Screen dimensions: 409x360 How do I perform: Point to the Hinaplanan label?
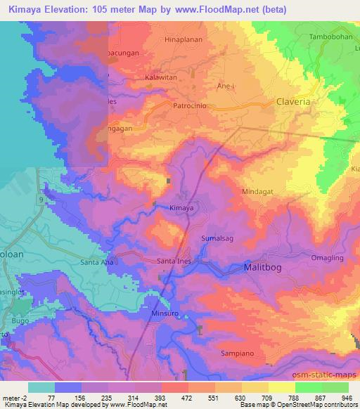[x=183, y=40]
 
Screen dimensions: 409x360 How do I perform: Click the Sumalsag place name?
[x=217, y=240]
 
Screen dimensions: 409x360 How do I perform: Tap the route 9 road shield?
[x=41, y=200]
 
